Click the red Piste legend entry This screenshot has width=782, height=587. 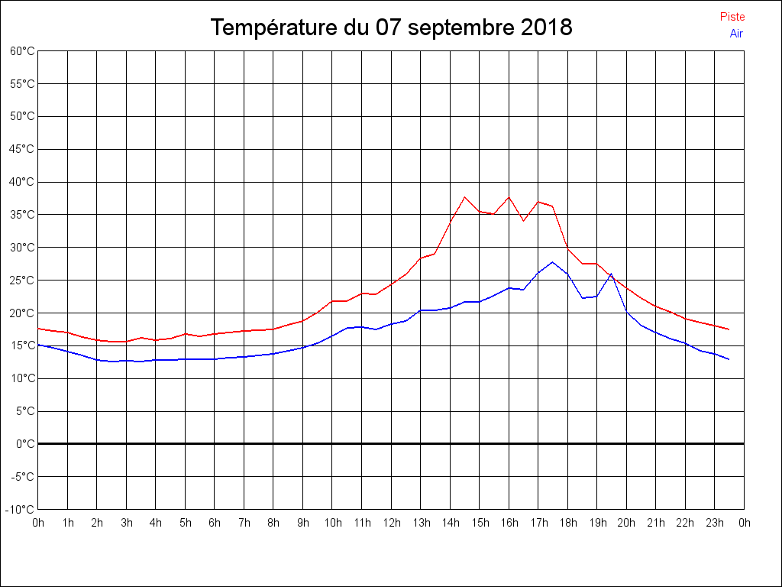pos(732,17)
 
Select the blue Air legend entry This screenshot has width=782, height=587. pos(735,34)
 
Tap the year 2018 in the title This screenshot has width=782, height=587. pos(547,28)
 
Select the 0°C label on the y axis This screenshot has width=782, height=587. pos(25,443)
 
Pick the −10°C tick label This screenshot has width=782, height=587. pos(21,509)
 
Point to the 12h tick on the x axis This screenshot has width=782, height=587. pos(391,523)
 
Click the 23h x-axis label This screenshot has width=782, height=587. pos(715,523)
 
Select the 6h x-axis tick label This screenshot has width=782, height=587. pos(215,523)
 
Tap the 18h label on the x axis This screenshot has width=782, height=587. pos(567,523)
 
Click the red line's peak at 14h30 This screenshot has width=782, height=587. pos(464,197)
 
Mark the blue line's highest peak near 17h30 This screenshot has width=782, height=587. pos(553,262)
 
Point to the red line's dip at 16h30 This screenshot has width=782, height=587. pos(523,221)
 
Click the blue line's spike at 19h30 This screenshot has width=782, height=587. pos(612,273)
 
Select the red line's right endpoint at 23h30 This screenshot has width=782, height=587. pos(729,329)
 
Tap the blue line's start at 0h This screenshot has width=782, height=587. pos(38,345)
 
